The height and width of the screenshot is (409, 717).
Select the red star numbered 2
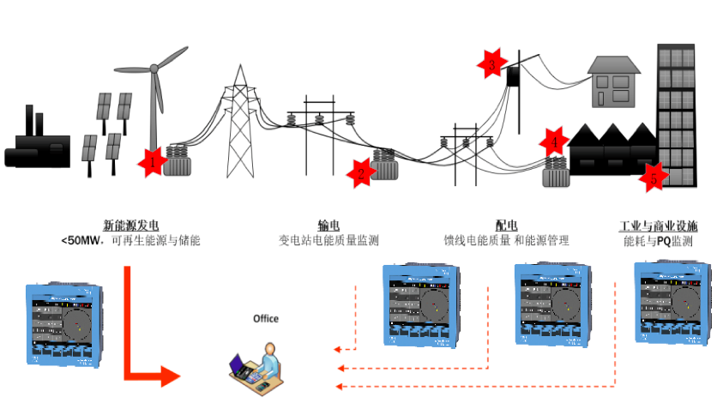point(361,174)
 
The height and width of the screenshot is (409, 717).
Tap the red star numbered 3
point(491,64)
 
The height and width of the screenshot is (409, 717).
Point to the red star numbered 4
point(555,141)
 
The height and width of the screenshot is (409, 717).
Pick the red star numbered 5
point(654,178)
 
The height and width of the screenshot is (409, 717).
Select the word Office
point(265,319)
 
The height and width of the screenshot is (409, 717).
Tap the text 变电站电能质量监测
point(328,241)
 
